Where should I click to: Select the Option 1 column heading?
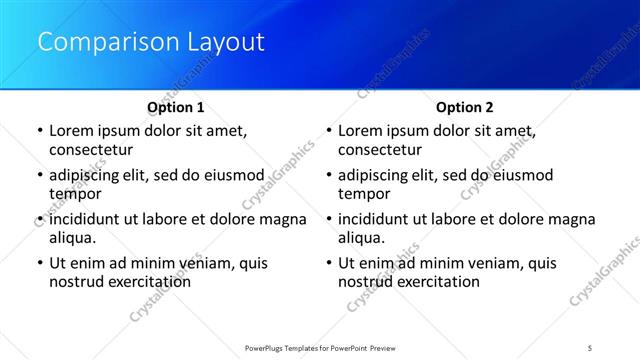pos(176,107)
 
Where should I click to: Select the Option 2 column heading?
pos(465,107)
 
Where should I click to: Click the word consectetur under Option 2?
pos(380,150)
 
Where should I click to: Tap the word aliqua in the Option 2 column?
pos(361,238)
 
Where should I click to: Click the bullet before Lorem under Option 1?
pos(39,131)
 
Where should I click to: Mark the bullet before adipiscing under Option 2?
pos(328,175)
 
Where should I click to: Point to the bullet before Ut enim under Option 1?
pos(39,263)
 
